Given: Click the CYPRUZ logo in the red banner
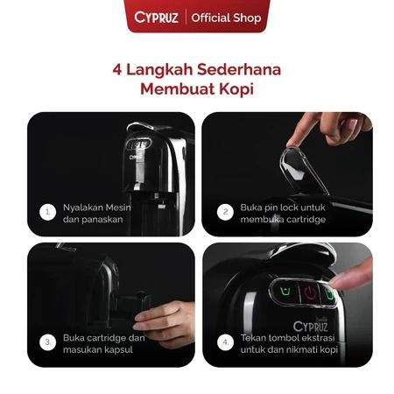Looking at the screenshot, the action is point(156,18).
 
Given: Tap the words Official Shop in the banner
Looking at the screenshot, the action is point(226,18).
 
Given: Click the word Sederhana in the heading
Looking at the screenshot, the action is point(239,69).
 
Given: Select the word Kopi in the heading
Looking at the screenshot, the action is point(236,89).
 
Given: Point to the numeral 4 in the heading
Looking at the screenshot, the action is point(117,70).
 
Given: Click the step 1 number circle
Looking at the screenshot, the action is point(47,212).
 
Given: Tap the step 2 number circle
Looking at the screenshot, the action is point(225,212).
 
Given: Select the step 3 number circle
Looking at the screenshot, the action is point(47,342).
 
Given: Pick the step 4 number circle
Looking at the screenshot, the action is point(225,342).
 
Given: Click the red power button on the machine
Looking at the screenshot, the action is point(310,292).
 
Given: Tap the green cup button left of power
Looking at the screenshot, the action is point(285,291).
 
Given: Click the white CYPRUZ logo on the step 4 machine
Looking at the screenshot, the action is point(310,327).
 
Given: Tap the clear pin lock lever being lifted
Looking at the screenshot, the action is point(304,170).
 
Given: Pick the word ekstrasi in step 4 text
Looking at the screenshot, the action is point(318,338).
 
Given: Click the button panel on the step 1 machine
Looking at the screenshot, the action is point(139,144).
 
